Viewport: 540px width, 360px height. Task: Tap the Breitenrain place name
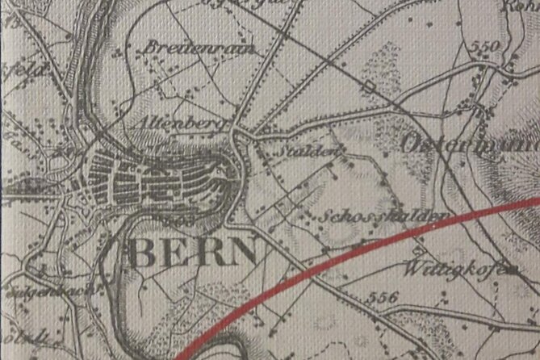click(x=199, y=48)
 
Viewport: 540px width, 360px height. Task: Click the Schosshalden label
click(x=383, y=217)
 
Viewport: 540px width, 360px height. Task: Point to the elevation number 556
click(x=383, y=297)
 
